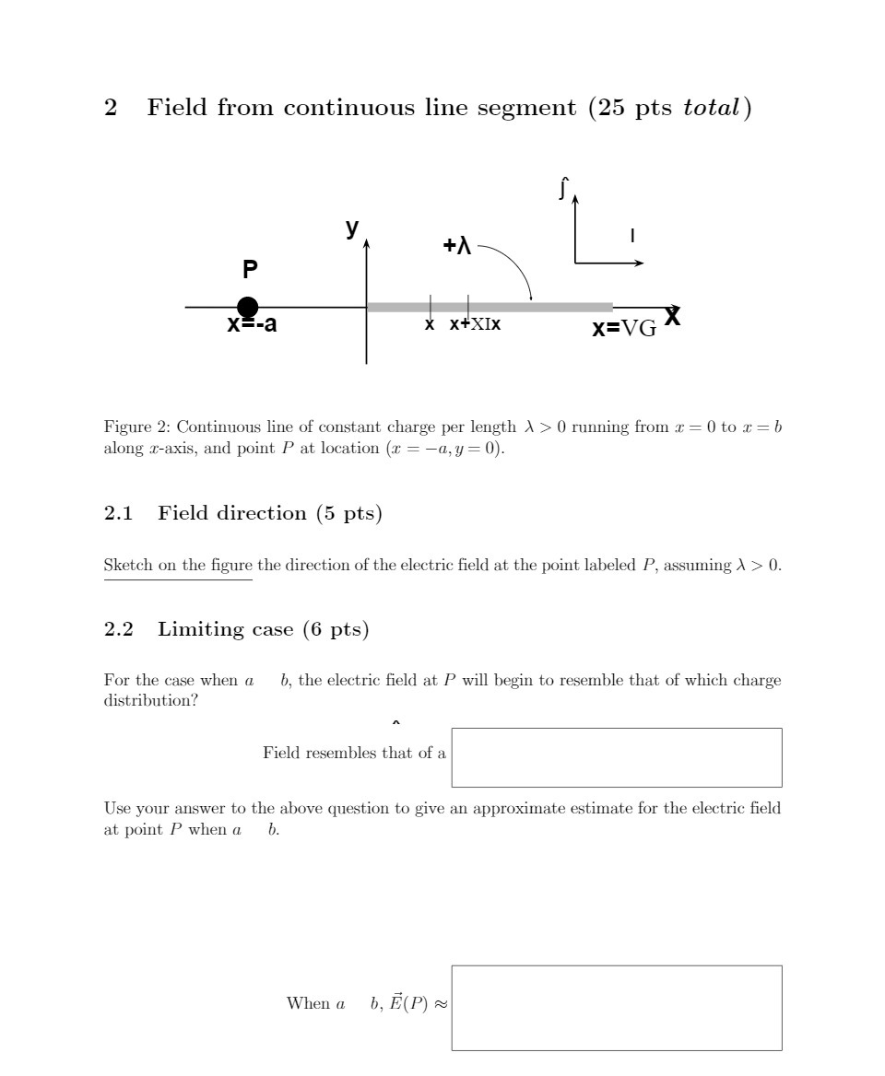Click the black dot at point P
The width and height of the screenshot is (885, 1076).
point(247,308)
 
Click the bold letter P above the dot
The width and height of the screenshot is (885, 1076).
point(250,270)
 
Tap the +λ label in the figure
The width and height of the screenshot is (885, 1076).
point(457,246)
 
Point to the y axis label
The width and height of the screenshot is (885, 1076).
point(351,228)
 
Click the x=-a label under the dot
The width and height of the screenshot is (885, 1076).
point(252,324)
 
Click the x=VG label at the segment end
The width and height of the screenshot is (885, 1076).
point(624,328)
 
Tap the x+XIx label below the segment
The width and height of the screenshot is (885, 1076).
point(476,324)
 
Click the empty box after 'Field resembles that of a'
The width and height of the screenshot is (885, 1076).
point(616,757)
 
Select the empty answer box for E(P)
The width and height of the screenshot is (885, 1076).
point(616,1008)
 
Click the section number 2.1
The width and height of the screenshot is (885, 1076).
point(119,513)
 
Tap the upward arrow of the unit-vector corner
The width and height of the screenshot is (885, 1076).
point(574,226)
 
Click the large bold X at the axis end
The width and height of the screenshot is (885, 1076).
point(673,317)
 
